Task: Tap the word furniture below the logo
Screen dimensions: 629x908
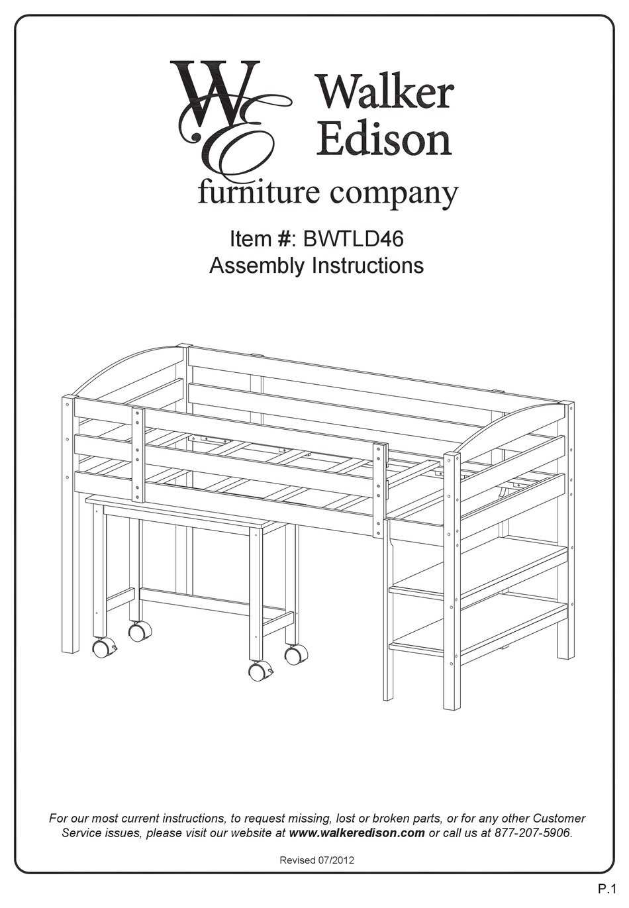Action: click(x=259, y=194)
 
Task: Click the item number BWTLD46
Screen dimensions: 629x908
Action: click(x=353, y=239)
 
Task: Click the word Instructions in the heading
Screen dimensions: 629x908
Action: click(x=367, y=266)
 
